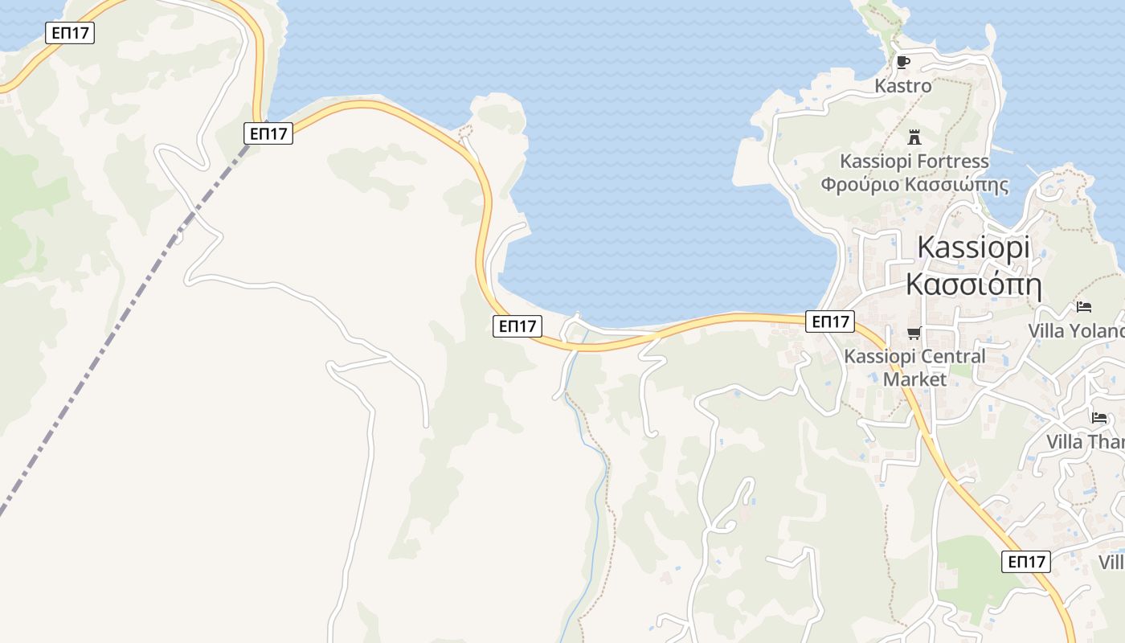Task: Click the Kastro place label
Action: coord(903,85)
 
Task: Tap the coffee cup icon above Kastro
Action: coord(903,62)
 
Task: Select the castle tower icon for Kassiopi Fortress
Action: coord(914,137)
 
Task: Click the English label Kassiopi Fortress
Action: coord(914,161)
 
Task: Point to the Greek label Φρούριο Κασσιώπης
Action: coord(914,185)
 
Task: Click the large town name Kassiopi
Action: coord(973,247)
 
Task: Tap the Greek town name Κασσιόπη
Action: coord(973,285)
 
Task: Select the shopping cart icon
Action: coord(914,333)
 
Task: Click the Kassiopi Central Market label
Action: coord(914,367)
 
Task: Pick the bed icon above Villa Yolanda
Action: coord(1084,306)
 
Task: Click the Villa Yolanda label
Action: coord(1077,330)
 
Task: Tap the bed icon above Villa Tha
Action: coord(1098,417)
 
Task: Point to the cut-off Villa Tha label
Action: coord(1085,441)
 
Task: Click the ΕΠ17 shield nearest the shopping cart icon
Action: coord(830,321)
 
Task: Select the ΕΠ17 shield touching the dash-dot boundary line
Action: coord(268,133)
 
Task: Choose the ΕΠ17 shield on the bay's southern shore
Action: coord(517,326)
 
